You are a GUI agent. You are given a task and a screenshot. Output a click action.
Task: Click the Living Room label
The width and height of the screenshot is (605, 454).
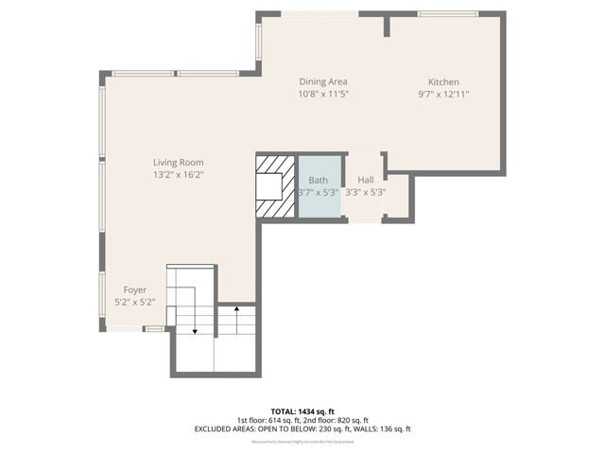click(179, 163)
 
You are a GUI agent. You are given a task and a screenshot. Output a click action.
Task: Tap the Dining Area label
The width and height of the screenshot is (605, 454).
click(324, 82)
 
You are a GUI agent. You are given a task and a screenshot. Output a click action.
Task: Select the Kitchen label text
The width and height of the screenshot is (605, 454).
click(443, 82)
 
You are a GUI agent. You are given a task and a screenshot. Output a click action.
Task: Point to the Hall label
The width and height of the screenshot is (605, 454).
click(365, 180)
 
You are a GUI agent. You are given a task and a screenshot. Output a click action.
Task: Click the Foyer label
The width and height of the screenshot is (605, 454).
click(134, 289)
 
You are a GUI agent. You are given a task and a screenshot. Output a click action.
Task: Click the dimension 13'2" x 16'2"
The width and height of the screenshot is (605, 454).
click(179, 175)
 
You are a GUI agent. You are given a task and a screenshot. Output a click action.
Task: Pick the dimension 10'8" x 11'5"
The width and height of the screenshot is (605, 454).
click(324, 95)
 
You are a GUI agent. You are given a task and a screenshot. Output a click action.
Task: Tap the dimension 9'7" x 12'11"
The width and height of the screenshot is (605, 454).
click(443, 95)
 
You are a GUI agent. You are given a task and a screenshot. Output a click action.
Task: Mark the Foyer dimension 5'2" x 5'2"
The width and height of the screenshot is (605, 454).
click(134, 302)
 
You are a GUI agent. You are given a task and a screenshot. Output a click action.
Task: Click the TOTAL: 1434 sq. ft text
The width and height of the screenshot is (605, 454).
click(302, 411)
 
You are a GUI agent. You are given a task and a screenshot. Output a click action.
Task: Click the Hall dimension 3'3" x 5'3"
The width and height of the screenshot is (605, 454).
click(365, 192)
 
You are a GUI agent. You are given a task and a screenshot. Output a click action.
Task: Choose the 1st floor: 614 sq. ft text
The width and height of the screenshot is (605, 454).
click(268, 420)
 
